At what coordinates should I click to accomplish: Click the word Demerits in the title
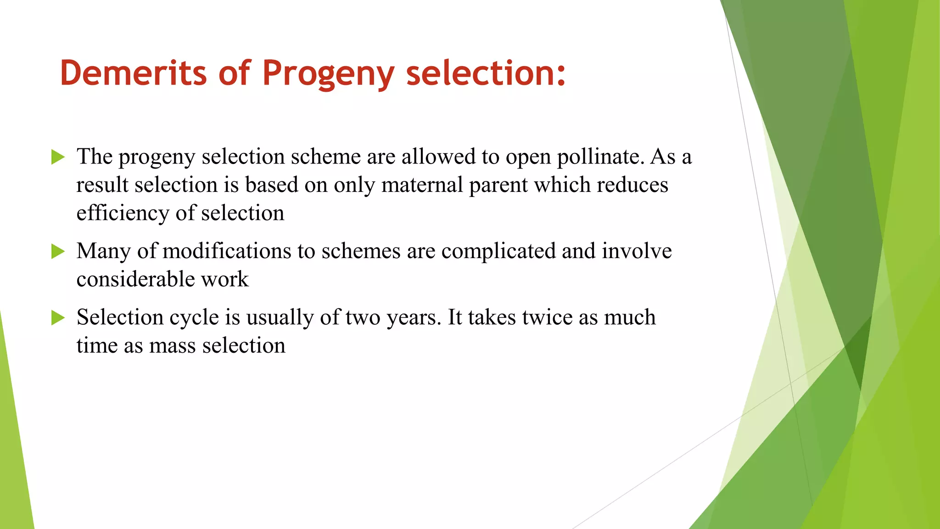[x=133, y=73]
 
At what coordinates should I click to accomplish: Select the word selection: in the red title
[x=486, y=73]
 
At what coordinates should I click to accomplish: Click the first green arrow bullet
[x=58, y=157]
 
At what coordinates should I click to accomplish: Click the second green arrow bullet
[x=58, y=251]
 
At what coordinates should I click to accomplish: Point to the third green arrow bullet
[x=58, y=317]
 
